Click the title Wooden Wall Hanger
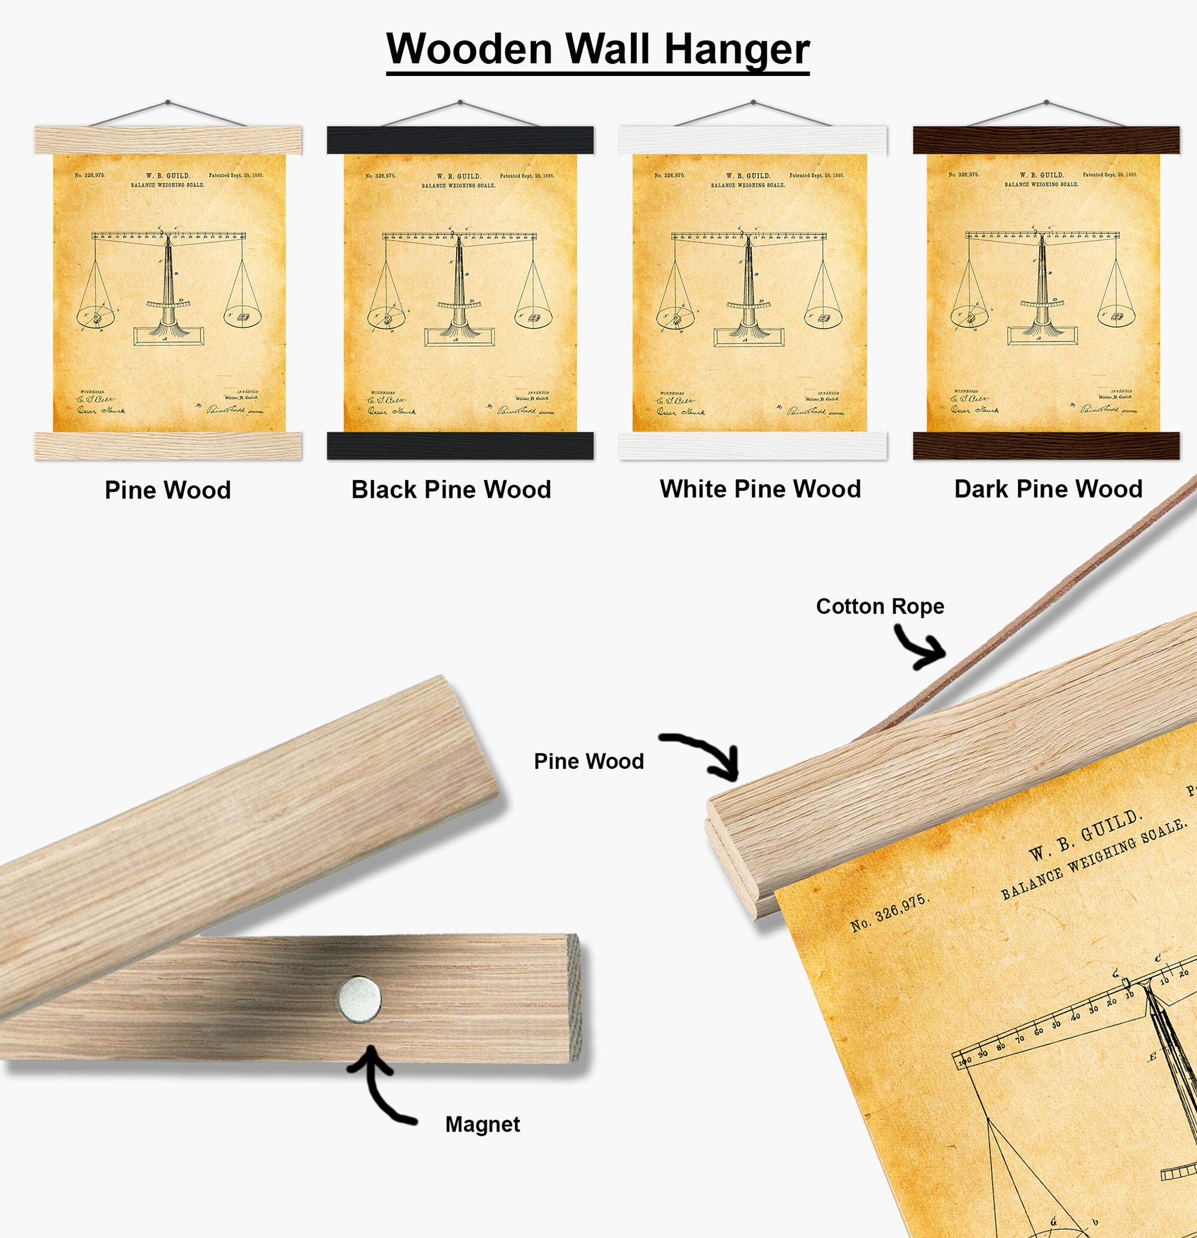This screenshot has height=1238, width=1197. pyautogui.click(x=597, y=49)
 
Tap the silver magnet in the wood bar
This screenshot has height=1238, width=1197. pyautogui.click(x=360, y=999)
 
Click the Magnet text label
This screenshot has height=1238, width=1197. pyautogui.click(x=482, y=1124)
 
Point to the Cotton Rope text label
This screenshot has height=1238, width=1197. pyautogui.click(x=879, y=606)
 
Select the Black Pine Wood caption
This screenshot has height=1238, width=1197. pyautogui.click(x=451, y=489)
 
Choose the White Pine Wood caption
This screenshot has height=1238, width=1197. pyautogui.click(x=760, y=489)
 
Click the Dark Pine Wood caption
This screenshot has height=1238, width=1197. pyautogui.click(x=1048, y=489)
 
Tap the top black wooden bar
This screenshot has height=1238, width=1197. pyautogui.click(x=460, y=140)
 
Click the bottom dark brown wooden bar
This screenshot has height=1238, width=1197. pyautogui.click(x=1046, y=446)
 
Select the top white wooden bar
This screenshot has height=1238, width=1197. pyautogui.click(x=753, y=140)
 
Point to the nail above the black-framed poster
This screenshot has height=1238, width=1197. pyautogui.click(x=460, y=102)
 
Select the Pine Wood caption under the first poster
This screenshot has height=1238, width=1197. pyautogui.click(x=168, y=490)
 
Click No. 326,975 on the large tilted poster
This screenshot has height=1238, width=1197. pyautogui.click(x=888, y=913)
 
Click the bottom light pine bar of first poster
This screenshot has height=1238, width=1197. pyautogui.click(x=168, y=446)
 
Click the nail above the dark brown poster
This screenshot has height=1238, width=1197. pyautogui.click(x=1047, y=102)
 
